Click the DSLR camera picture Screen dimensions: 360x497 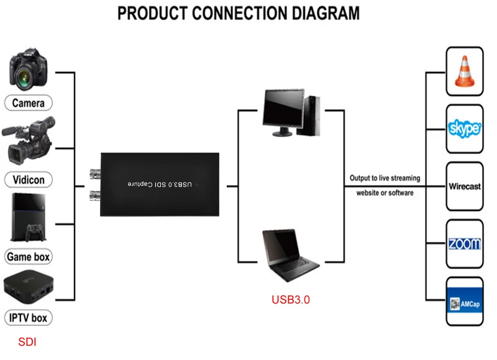(29, 69)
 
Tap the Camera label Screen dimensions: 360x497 (28, 102)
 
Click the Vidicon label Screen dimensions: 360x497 (29, 180)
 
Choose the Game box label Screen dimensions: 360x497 (28, 256)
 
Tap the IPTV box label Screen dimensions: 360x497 (28, 318)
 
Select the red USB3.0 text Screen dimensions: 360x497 (291, 299)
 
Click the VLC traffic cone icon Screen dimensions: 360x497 (465, 72)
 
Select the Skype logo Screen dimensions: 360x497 (465, 128)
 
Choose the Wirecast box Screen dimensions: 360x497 (465, 186)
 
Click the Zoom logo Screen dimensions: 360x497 (465, 243)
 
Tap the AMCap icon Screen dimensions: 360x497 (465, 302)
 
